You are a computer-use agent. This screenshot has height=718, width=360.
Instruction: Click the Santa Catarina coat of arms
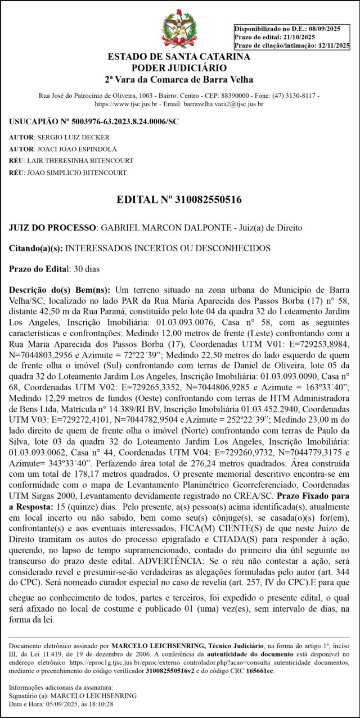(x=179, y=28)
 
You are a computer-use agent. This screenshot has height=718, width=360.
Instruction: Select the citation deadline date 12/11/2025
(x=334, y=46)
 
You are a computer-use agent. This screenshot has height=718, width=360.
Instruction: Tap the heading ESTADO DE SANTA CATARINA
(x=179, y=57)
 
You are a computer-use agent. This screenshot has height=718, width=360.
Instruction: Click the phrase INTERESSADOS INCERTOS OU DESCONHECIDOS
(x=169, y=248)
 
